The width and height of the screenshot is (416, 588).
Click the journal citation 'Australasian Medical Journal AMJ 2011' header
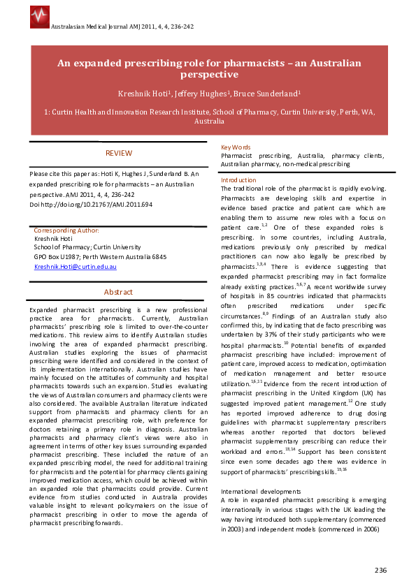pos(123,26)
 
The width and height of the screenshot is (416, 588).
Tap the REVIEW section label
pos(118,153)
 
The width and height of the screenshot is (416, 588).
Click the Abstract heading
pos(118,292)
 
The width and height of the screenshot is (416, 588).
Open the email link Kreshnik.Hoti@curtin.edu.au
pos(76,267)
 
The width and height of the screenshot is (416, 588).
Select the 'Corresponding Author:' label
pos(66,230)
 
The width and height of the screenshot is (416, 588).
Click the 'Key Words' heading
pos(236,147)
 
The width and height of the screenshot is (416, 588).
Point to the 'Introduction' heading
pos(238,180)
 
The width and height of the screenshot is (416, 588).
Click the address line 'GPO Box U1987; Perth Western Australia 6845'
pos(101,257)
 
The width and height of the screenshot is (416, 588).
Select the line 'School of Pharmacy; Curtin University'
pos(87,247)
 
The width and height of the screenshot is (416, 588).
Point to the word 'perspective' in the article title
pos(209,74)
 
